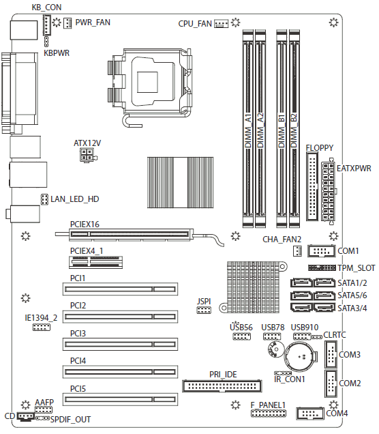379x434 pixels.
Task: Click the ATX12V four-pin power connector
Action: [x=87, y=155]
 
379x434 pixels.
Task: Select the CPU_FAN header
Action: [x=222, y=23]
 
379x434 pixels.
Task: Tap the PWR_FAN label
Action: [x=93, y=22]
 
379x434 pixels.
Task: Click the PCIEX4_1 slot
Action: [x=95, y=262]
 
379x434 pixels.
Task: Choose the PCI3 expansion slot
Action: [x=120, y=345]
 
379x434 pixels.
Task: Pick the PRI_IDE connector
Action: [x=222, y=386]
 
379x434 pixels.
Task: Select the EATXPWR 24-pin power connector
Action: [x=328, y=192]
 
